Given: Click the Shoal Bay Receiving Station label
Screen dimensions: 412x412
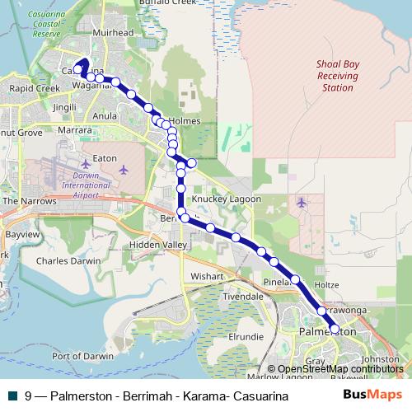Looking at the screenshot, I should (337, 75).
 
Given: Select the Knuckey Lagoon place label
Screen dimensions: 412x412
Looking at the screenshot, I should (226, 199).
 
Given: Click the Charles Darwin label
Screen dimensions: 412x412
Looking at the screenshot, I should (68, 260).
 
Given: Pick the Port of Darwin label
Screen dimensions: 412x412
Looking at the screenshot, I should (82, 356).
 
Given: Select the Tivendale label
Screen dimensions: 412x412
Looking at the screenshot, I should (242, 296).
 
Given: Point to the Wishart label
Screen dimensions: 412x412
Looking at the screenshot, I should (207, 276).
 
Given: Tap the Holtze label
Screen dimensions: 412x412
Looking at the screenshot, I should (326, 285).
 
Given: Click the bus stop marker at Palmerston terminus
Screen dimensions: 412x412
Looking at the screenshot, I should (335, 328).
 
